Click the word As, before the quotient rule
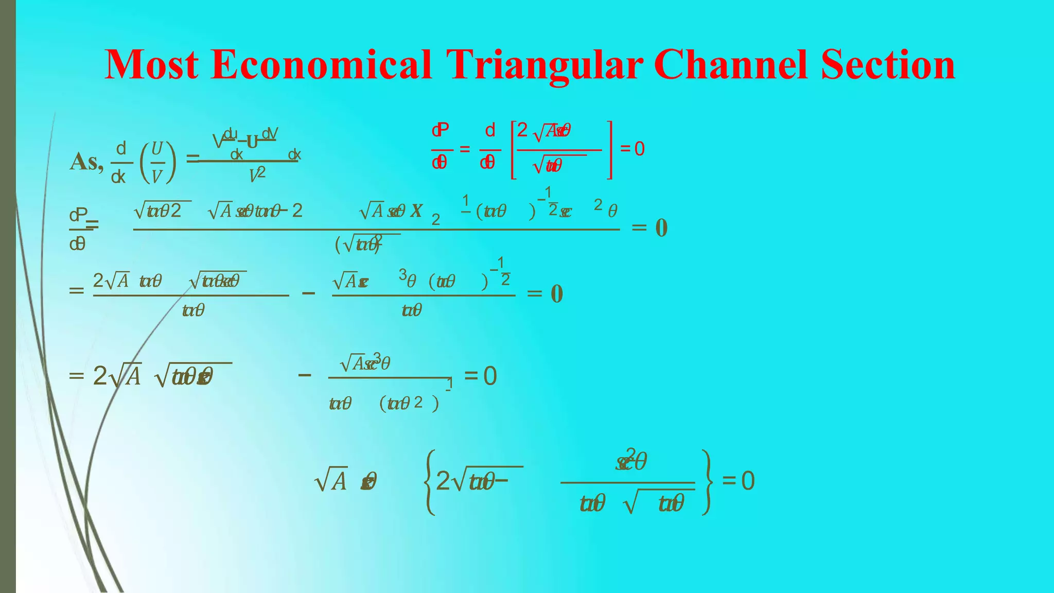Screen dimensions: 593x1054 point(86,162)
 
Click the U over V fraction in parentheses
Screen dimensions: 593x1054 point(157,162)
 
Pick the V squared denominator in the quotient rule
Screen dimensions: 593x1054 point(257,175)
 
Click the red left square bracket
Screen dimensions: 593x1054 point(513,150)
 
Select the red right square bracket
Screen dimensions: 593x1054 point(609,150)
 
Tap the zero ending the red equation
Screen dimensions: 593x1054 point(639,149)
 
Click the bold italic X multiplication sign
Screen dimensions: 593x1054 point(416,211)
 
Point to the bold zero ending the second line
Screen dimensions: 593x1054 point(661,228)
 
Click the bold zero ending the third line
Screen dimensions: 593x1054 point(557,294)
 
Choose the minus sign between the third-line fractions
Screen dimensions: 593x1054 point(308,293)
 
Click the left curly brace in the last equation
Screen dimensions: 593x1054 point(430,482)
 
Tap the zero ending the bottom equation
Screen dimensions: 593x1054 point(748,481)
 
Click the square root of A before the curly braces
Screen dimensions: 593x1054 point(330,481)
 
